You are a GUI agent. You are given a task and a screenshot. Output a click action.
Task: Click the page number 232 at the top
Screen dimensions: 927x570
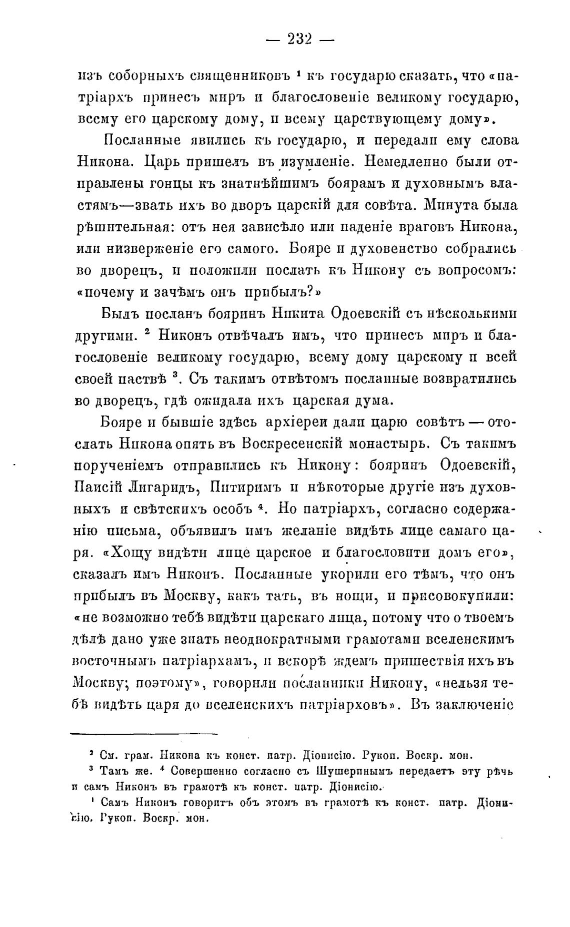coord(299,39)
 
